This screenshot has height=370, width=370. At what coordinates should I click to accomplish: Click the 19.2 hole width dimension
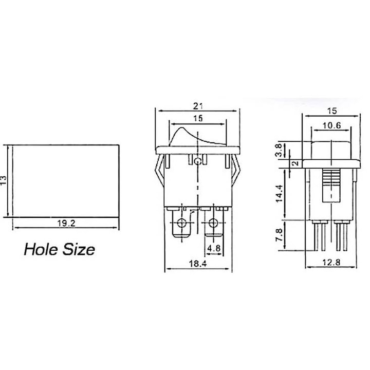point(66,223)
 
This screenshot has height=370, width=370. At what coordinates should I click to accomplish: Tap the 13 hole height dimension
point(4,180)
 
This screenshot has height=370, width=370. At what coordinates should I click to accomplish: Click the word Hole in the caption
point(41,249)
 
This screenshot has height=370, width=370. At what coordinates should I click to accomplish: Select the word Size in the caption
point(79,249)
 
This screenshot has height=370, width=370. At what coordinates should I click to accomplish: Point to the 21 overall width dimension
point(198,106)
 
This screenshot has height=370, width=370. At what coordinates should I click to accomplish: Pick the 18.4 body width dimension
point(198,263)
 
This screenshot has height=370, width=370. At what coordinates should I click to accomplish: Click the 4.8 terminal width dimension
point(214,248)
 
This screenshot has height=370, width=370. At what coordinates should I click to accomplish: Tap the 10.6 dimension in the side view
point(332,125)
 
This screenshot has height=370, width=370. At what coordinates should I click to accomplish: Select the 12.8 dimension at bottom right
point(331,262)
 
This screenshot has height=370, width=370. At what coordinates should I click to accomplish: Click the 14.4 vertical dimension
point(279,194)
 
